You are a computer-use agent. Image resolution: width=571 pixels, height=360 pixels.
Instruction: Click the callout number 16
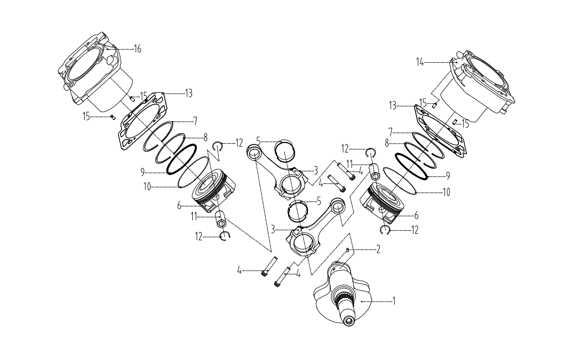click(x=138, y=49)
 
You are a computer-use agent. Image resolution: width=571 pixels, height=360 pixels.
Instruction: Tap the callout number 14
click(x=420, y=62)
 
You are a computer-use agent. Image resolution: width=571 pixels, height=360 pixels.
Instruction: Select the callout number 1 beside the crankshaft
click(x=394, y=301)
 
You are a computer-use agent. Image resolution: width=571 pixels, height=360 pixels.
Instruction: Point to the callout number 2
click(x=378, y=249)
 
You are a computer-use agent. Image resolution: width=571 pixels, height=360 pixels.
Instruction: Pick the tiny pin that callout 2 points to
click(x=348, y=249)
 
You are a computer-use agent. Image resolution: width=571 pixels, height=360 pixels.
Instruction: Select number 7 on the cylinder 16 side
click(x=196, y=121)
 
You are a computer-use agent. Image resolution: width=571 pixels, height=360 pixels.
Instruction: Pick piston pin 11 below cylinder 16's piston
click(x=221, y=219)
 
